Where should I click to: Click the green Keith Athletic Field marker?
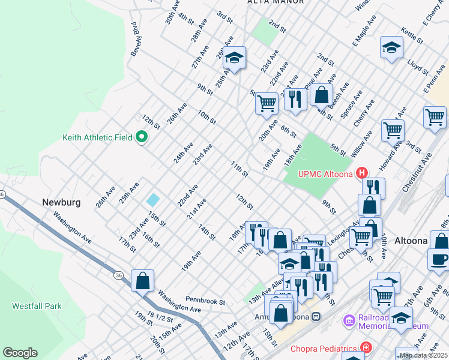pos(142,137)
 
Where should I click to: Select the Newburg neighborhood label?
pos(61,202)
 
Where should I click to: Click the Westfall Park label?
pos(37,306)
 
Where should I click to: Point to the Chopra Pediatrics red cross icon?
pos(365,348)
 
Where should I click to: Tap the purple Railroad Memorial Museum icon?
pos(349,322)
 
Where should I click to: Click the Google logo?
pos(20,353)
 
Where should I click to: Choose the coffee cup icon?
pos(439,259)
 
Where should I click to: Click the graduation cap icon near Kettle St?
pos(391,47)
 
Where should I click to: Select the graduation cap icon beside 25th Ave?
pos(235,58)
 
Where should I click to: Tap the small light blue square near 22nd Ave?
pos(153,200)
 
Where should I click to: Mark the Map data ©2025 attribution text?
pos(423,355)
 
